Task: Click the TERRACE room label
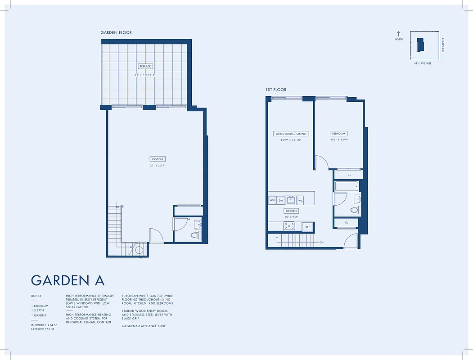[x=145, y=66]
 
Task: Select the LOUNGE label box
[x=158, y=159]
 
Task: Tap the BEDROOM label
[x=338, y=134]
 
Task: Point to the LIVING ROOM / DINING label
[x=291, y=134]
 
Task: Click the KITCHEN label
[x=291, y=211]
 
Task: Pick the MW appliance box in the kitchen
[x=272, y=200]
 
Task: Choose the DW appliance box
[x=281, y=200]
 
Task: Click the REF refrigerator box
[x=308, y=227]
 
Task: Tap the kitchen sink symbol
[x=291, y=200]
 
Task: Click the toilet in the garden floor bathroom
[x=195, y=235]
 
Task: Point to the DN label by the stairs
[x=321, y=243]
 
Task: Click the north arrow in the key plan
[x=398, y=34]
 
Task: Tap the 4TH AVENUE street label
[x=423, y=63]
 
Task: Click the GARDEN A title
[x=68, y=280]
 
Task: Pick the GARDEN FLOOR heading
[x=116, y=32]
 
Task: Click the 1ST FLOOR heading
[x=275, y=90]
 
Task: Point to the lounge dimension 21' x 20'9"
[x=158, y=166]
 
